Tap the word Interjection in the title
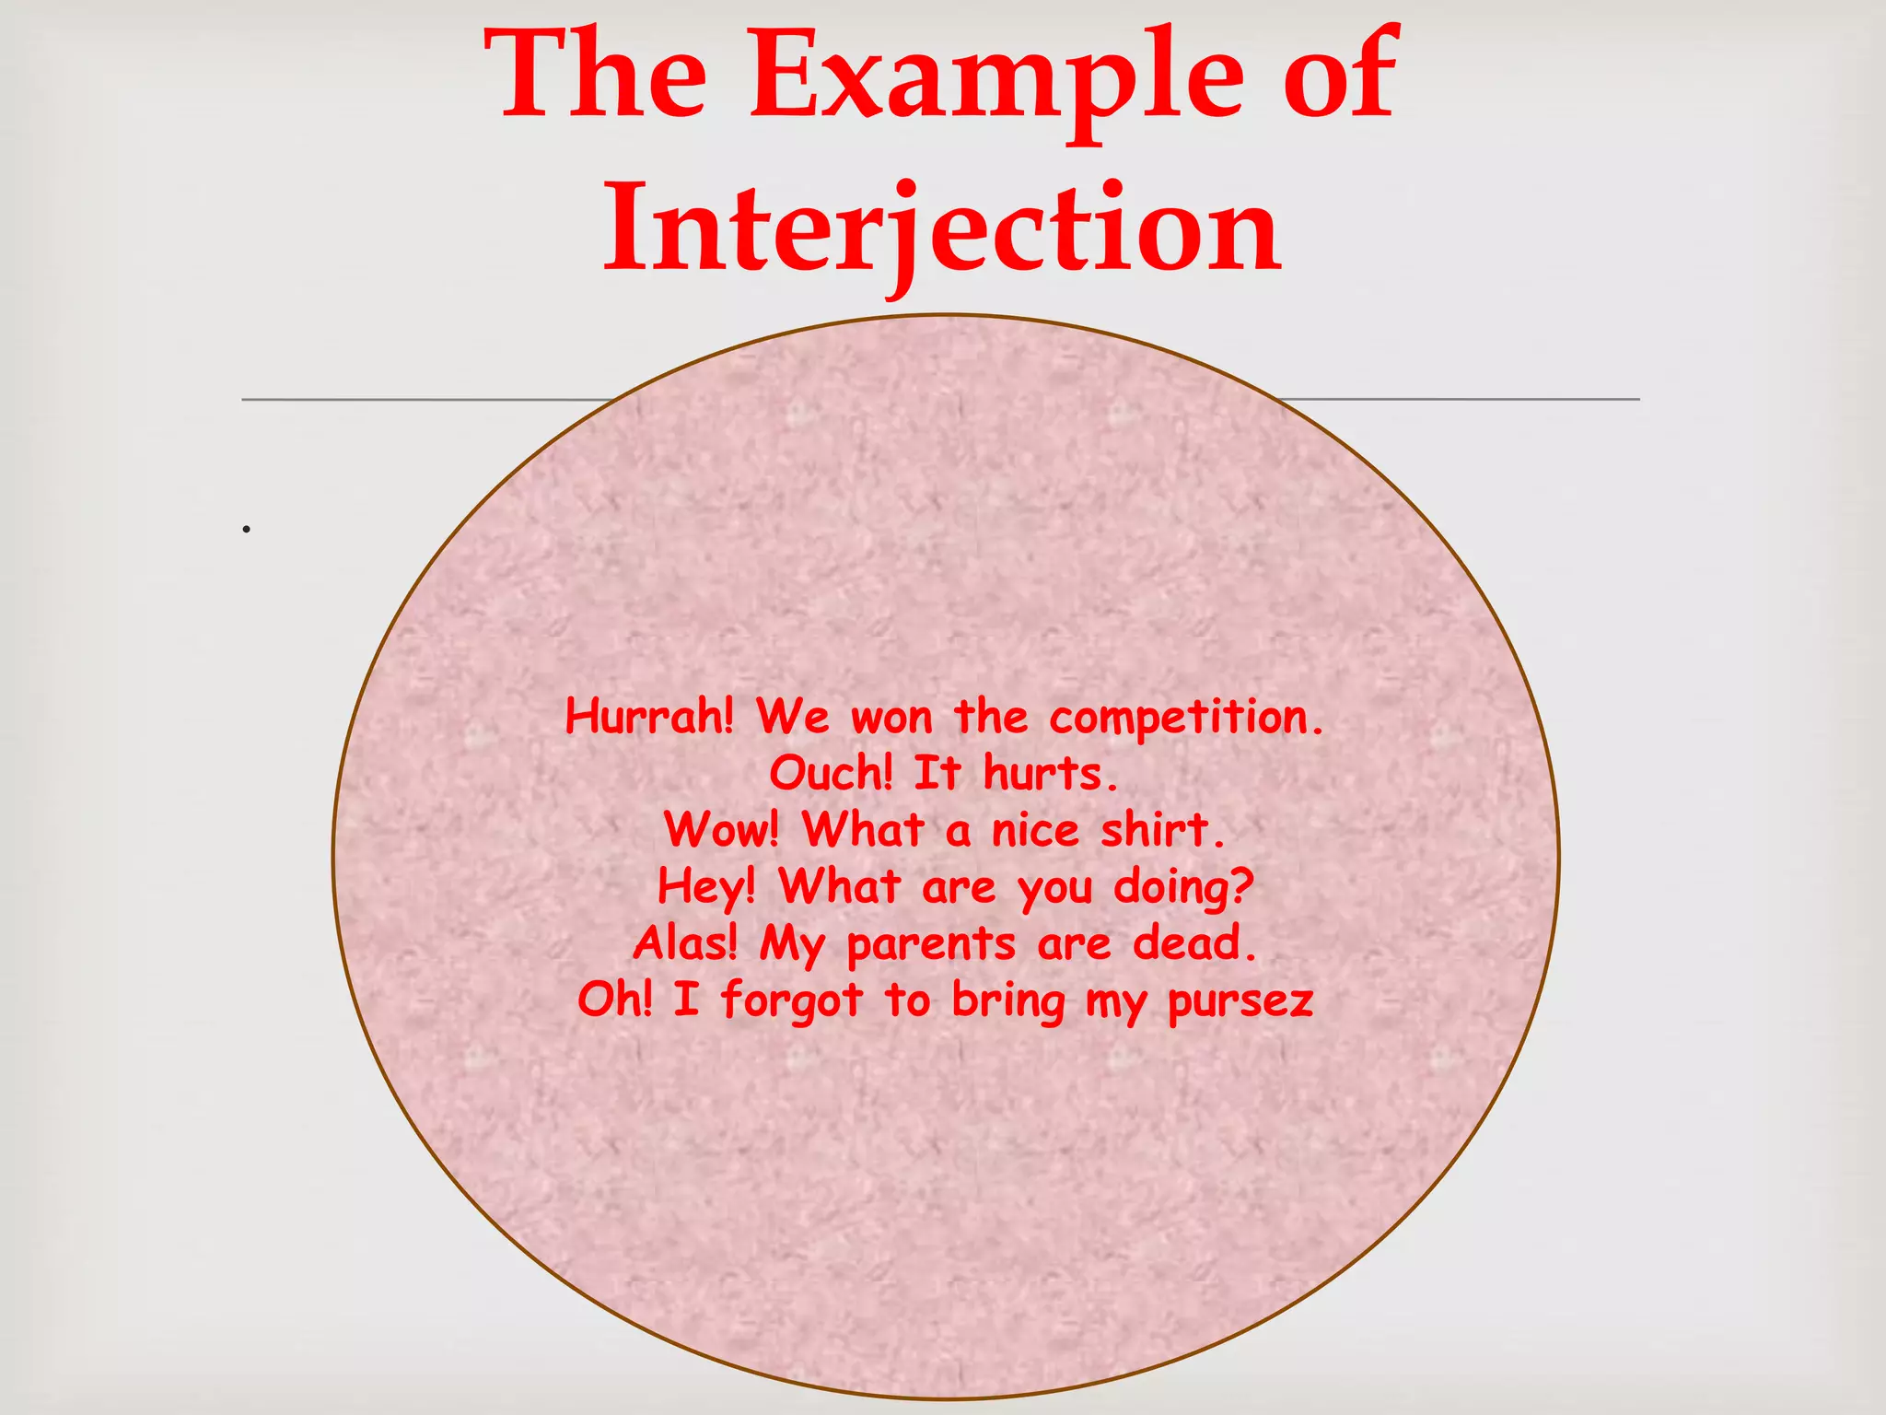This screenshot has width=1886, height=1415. (x=941, y=228)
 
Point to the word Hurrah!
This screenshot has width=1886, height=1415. (x=649, y=717)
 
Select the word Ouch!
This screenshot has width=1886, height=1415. (x=831, y=773)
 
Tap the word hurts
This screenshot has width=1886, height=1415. (x=1051, y=773)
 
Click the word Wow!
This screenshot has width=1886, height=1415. (x=722, y=830)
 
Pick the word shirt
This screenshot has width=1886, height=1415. (x=1163, y=830)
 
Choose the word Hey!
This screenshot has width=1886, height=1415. (x=706, y=887)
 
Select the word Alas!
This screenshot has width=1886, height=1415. (x=685, y=943)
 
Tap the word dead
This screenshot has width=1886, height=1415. (x=1194, y=943)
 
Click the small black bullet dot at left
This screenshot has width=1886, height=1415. (x=247, y=530)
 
